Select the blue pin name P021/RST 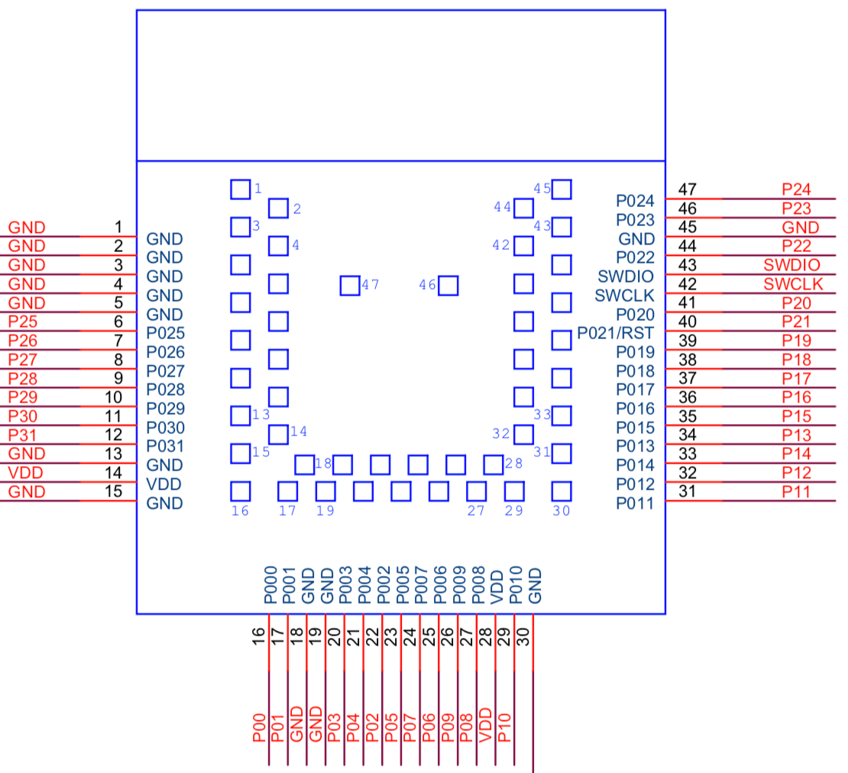point(616,333)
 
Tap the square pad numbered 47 point(350,286)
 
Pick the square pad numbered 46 point(448,286)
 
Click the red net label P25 point(23,322)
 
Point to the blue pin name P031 point(165,446)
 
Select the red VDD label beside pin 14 point(25,473)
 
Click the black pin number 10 point(114,396)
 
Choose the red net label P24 point(797,189)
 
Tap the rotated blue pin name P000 point(270,586)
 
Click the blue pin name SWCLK point(625,296)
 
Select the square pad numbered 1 point(241,189)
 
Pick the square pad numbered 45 point(562,189)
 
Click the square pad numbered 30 point(562,490)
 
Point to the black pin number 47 point(687,189)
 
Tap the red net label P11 point(797,491)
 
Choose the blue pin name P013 point(635,446)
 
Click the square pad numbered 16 point(241,490)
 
